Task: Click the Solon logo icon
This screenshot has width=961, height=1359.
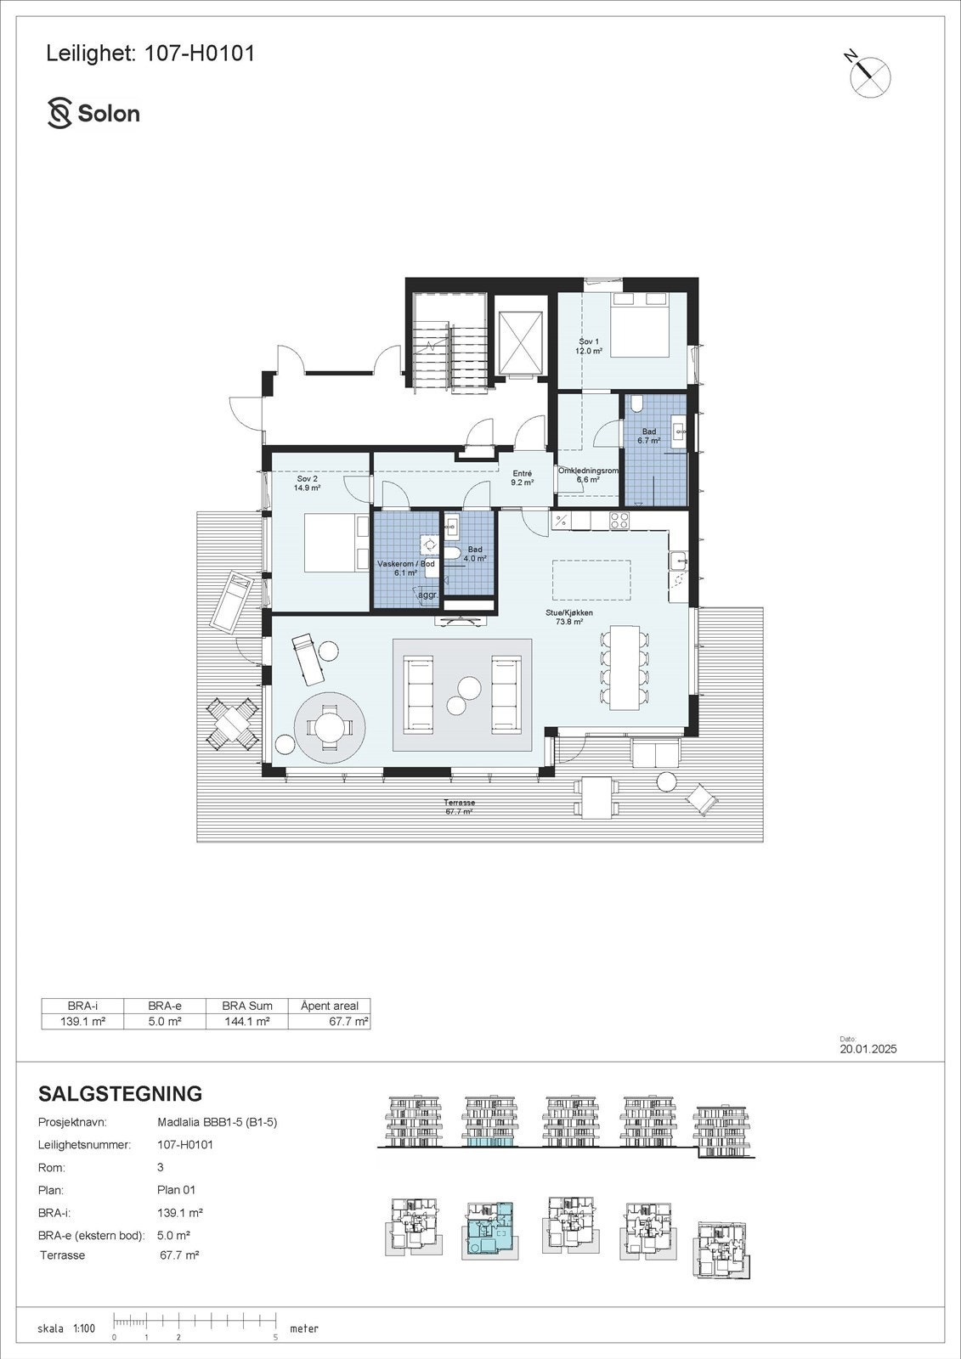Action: (x=59, y=114)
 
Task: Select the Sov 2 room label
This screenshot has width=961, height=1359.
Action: (x=303, y=483)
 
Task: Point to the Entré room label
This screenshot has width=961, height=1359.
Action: (x=522, y=478)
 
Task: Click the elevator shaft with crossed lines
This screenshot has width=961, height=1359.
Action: (x=520, y=343)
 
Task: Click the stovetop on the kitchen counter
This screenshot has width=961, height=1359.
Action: (x=618, y=520)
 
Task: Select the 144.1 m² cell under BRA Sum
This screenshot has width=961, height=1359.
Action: (x=247, y=1021)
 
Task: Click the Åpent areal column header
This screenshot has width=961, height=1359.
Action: (x=330, y=1006)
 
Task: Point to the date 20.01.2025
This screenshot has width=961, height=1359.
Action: (x=868, y=1049)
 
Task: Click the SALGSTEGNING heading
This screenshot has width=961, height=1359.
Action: (x=121, y=1093)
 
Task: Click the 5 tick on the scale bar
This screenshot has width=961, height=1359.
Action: (x=276, y=1337)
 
